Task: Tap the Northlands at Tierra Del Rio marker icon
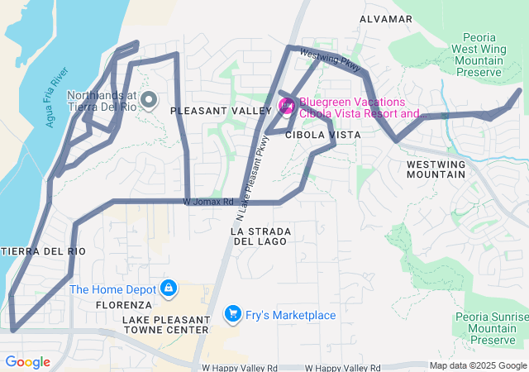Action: click(149, 101)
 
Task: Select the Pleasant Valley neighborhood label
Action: click(221, 110)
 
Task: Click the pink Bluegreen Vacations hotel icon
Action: click(287, 105)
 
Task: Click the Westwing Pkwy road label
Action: click(331, 62)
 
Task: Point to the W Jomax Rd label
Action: click(210, 201)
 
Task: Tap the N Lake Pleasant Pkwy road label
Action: click(252, 169)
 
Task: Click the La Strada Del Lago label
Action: click(259, 236)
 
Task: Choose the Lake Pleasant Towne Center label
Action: click(165, 324)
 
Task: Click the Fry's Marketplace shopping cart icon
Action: click(232, 314)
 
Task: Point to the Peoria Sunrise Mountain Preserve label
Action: click(491, 328)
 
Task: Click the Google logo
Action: click(27, 362)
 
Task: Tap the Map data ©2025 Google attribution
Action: click(477, 365)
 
